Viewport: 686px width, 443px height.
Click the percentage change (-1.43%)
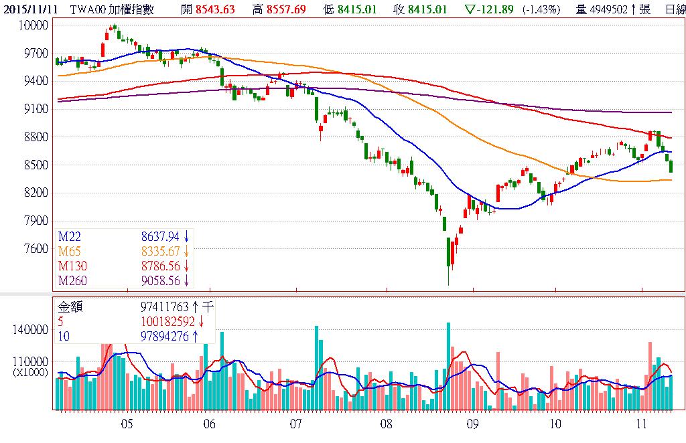(542, 9)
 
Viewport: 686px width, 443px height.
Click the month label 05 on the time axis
(127, 424)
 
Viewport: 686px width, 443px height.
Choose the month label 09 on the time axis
(472, 424)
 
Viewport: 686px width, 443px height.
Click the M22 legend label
(70, 236)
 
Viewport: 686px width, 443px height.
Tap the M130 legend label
(72, 266)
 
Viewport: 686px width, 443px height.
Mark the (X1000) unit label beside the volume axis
(31, 373)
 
